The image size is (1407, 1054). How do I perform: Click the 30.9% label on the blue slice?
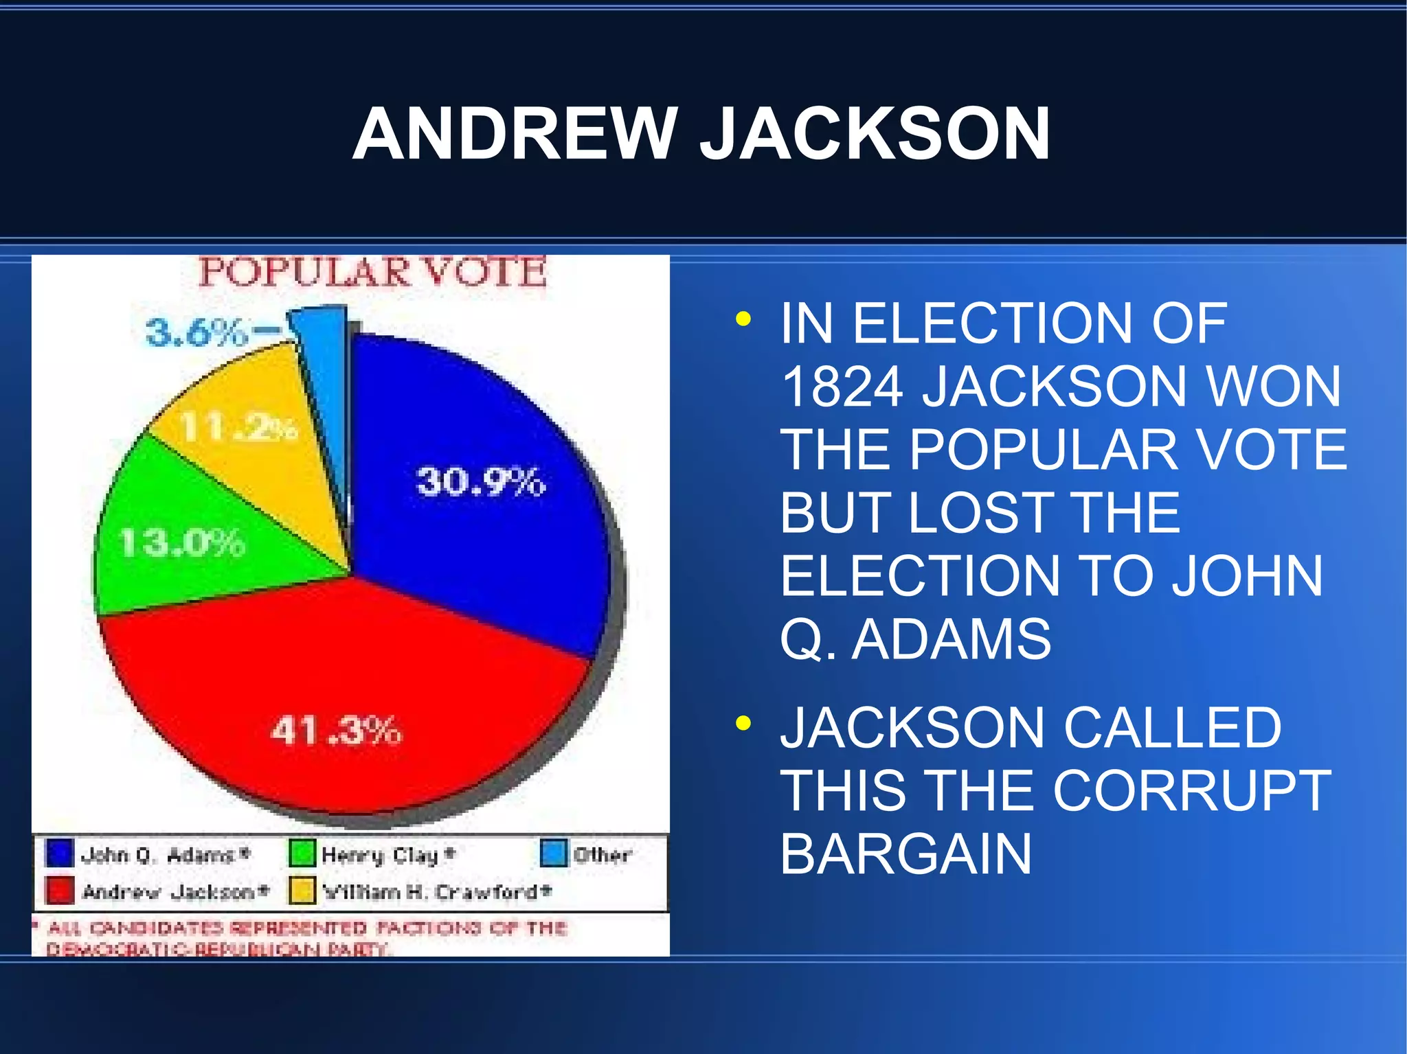481,481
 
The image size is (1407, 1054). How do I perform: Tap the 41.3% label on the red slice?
336,731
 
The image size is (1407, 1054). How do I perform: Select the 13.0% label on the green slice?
182,543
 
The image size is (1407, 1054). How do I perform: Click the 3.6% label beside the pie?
196,332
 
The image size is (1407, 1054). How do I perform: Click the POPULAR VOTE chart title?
373,272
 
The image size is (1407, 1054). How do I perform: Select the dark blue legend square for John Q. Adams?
59,853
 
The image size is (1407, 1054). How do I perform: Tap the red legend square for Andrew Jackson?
59,891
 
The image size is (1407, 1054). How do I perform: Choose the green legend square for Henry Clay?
302,853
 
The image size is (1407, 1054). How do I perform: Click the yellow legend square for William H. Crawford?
302,891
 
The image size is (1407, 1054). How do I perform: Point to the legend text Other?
602,855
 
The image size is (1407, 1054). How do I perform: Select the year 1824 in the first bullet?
842,387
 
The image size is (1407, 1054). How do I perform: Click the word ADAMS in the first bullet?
951,639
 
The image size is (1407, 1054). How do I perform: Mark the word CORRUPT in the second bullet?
1191,790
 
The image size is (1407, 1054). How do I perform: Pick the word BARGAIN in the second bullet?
905,854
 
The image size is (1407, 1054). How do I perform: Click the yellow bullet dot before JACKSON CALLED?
743,724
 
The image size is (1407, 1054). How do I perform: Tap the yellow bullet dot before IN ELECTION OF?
743,319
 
